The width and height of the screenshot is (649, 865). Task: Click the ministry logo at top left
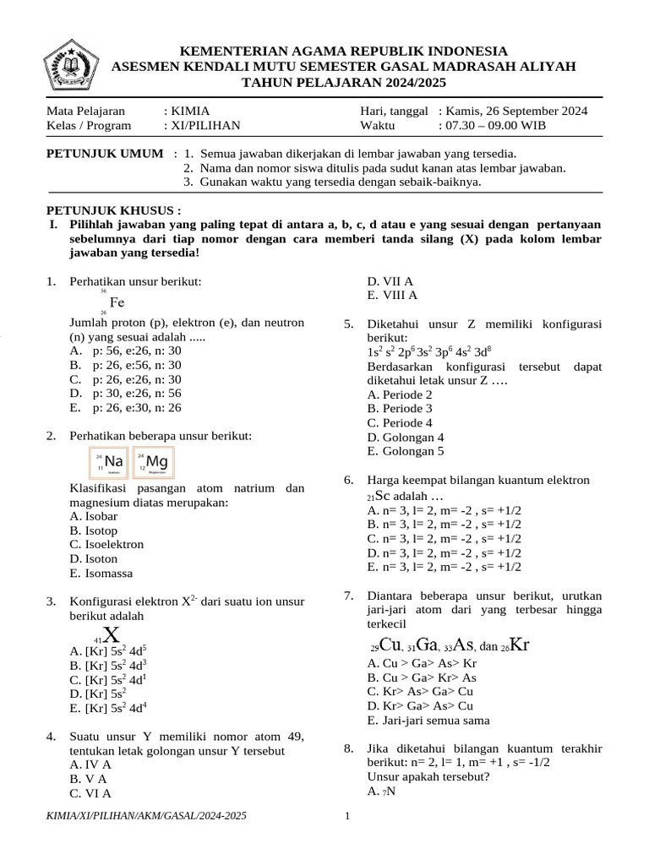71,63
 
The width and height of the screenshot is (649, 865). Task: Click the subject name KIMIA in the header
189,111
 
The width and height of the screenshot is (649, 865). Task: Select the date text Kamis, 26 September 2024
518,111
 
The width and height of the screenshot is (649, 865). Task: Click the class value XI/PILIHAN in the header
205,125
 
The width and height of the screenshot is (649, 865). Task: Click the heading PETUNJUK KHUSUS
112,209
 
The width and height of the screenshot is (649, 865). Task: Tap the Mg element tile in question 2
153,462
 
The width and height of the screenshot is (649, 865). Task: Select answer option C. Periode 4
400,422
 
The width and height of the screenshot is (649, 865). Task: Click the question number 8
348,748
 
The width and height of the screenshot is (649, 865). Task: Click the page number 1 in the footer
347,816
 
